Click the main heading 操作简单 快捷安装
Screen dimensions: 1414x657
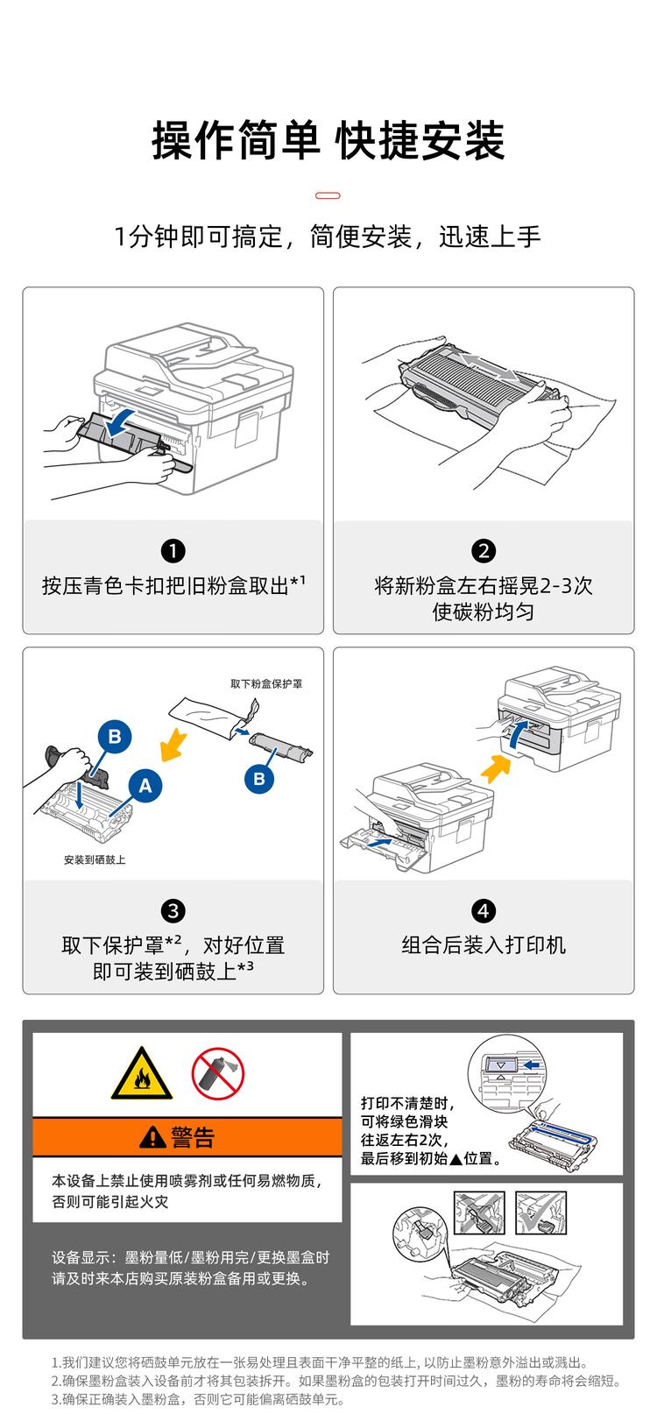coord(328,140)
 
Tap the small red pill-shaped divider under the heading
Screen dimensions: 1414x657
coord(328,195)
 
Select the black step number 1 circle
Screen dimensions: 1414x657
coord(173,551)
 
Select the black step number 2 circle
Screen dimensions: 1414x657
coord(484,551)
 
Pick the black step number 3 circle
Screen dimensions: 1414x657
coord(173,911)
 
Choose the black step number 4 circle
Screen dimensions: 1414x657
coord(484,911)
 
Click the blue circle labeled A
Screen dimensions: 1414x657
coord(145,786)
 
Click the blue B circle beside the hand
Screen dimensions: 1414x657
coord(115,737)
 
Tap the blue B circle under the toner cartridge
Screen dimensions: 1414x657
coord(259,778)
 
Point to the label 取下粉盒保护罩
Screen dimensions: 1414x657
coord(266,683)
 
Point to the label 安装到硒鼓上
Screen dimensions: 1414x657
coord(95,859)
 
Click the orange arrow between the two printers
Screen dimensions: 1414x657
coord(495,769)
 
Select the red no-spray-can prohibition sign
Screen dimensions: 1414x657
coord(217,1074)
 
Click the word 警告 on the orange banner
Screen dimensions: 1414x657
coord(193,1137)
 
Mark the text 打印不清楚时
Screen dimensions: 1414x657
coord(409,1103)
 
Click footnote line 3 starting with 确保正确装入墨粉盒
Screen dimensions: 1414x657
coord(197,1399)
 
